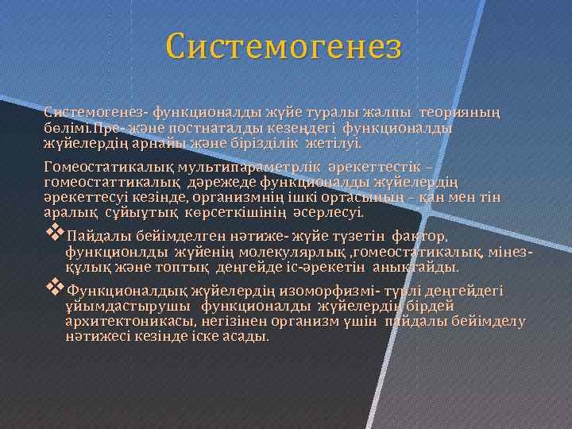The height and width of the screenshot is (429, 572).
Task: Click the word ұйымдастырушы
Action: (x=129, y=306)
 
